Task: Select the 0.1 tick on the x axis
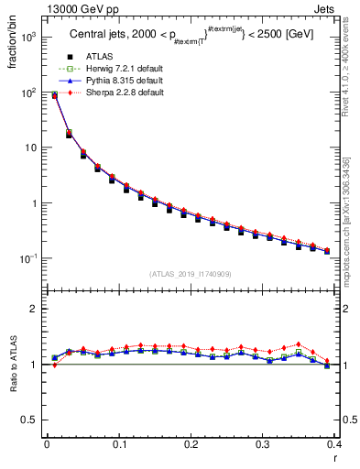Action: tap(119, 445)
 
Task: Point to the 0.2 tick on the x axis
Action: tap(191, 445)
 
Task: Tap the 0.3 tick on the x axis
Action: tap(264, 445)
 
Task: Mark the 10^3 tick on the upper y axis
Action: tap(30, 38)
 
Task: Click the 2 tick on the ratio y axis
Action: tap(35, 309)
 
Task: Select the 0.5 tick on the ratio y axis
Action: tap(30, 420)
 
